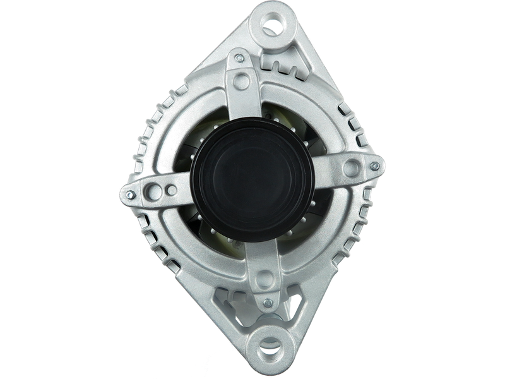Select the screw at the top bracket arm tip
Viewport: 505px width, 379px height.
[x=239, y=57]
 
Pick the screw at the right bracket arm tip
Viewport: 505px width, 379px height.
[x=374, y=166]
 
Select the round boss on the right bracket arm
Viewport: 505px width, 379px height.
[x=351, y=167]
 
